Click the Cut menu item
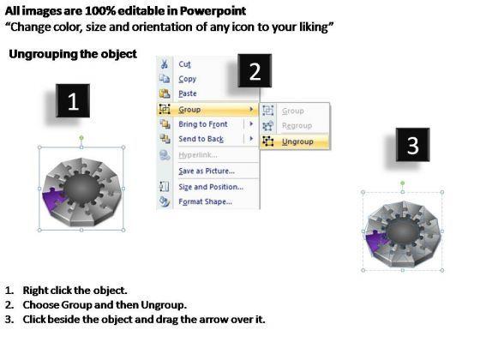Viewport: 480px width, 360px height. pyautogui.click(x=184, y=64)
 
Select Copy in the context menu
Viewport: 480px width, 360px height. pyautogui.click(x=188, y=79)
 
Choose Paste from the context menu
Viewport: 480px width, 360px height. pyautogui.click(x=188, y=93)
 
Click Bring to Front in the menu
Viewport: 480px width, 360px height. pyautogui.click(x=203, y=124)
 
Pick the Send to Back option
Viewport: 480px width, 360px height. pyautogui.click(x=201, y=139)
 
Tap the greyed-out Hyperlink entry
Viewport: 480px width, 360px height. pyautogui.click(x=198, y=155)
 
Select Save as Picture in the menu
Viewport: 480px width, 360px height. pyautogui.click(x=207, y=171)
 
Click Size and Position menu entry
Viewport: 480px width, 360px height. pyautogui.click(x=211, y=187)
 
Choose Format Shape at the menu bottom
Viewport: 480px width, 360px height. pyautogui.click(x=205, y=201)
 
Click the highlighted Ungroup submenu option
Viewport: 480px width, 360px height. pyautogui.click(x=297, y=141)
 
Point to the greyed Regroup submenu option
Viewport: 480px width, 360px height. pyautogui.click(x=297, y=125)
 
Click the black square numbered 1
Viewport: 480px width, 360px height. pyautogui.click(x=73, y=101)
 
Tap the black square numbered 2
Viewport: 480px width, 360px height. pyautogui.click(x=255, y=70)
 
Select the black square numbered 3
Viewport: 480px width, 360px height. pyautogui.click(x=412, y=145)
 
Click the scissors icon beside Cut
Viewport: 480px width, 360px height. pyautogui.click(x=165, y=64)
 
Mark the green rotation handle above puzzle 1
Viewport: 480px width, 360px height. pyautogui.click(x=81, y=138)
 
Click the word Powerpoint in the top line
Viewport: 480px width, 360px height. pyautogui.click(x=213, y=11)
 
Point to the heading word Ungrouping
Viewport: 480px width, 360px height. pyautogui.click(x=44, y=54)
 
